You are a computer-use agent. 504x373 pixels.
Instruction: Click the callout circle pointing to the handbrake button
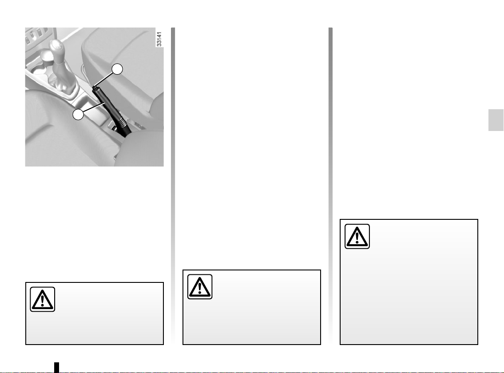pyautogui.click(x=117, y=69)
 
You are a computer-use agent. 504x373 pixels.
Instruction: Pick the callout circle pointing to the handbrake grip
pyautogui.click(x=78, y=115)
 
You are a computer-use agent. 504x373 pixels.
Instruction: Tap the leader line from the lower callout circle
pyautogui.click(x=94, y=108)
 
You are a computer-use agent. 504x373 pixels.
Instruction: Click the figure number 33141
pyautogui.click(x=159, y=39)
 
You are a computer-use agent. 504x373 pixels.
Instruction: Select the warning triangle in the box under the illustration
pyautogui.click(x=43, y=299)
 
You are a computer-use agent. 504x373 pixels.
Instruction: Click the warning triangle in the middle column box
pyautogui.click(x=200, y=287)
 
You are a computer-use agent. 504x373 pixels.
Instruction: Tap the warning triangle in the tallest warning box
pyautogui.click(x=357, y=236)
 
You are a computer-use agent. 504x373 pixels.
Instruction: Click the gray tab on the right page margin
pyautogui.click(x=496, y=120)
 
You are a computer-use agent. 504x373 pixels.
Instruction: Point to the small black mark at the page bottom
pyautogui.click(x=56, y=367)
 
